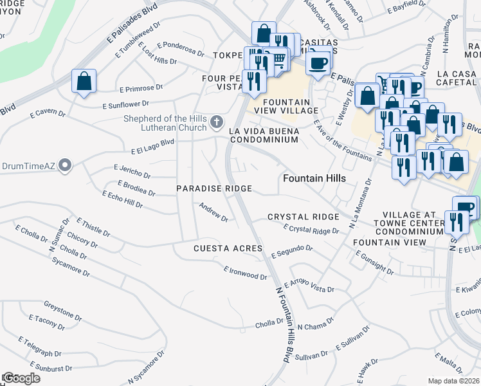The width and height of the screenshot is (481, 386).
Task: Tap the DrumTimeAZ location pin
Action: (64, 166)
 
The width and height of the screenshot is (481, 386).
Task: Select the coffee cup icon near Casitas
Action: (318, 63)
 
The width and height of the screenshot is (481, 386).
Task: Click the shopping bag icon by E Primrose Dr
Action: (84, 81)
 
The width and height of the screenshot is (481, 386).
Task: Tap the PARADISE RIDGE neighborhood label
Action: (215, 188)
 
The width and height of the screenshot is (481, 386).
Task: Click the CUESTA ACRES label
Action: (228, 248)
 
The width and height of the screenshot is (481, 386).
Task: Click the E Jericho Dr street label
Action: (132, 170)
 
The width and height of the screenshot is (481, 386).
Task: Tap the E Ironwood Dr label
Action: (245, 273)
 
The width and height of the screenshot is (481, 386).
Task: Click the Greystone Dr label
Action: (62, 308)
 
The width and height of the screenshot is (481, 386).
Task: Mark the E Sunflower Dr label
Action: (125, 104)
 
